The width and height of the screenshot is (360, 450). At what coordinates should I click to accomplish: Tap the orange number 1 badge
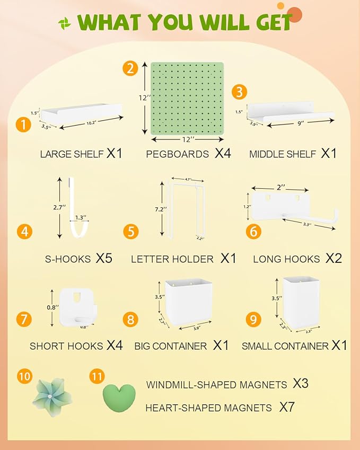23,125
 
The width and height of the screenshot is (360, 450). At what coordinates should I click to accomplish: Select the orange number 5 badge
130,231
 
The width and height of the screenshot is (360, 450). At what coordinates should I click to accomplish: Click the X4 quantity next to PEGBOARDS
223,154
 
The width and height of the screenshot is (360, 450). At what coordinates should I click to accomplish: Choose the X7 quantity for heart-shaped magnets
287,407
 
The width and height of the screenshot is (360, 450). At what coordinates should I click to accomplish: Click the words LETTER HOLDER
172,259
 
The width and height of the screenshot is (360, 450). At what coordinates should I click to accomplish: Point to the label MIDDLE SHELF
283,154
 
